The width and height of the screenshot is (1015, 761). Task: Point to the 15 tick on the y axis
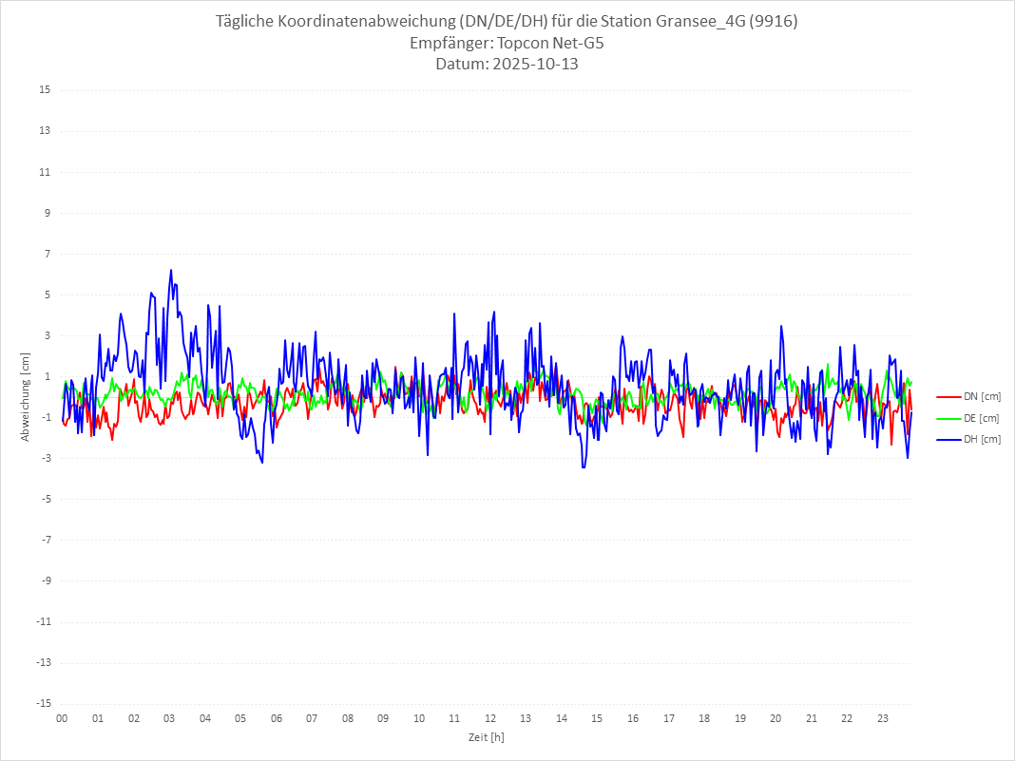pyautogui.click(x=45, y=90)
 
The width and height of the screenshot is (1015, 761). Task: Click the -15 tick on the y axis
pyautogui.click(x=43, y=704)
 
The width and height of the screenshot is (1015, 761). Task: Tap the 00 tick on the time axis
pyautogui.click(x=62, y=718)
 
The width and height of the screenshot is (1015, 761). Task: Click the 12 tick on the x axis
pyautogui.click(x=490, y=718)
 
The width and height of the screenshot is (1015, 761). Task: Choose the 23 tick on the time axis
pyautogui.click(x=883, y=718)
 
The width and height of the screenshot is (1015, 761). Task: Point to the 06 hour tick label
pyautogui.click(x=277, y=718)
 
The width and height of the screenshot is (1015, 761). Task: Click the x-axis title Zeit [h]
pyautogui.click(x=487, y=736)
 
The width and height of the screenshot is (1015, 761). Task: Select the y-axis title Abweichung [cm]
pyautogui.click(x=26, y=397)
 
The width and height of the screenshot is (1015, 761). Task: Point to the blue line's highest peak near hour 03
pyautogui.click(x=171, y=270)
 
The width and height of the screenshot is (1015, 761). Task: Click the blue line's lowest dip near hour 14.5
pyautogui.click(x=584, y=466)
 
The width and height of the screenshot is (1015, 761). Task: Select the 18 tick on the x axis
pyautogui.click(x=704, y=718)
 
